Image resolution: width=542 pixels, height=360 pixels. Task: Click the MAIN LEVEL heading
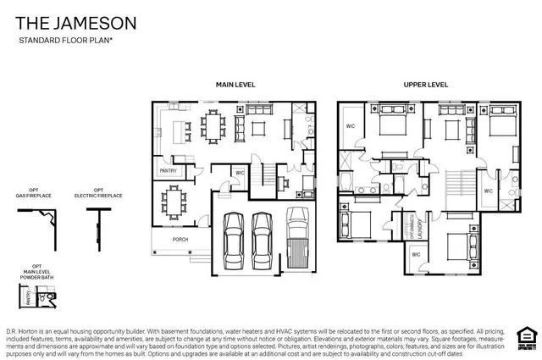point(235,85)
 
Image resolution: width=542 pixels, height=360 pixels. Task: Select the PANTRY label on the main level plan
point(167,171)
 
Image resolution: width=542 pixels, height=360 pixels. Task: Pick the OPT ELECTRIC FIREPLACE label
point(98,193)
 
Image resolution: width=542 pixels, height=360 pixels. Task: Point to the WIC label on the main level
point(240,173)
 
